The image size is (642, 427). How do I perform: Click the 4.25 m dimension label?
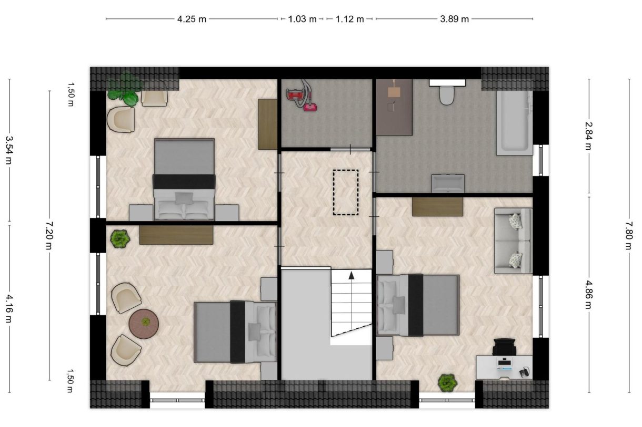click(192, 19)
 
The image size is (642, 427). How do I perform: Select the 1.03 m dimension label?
click(302, 19)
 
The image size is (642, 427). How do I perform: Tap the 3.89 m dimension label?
click(454, 19)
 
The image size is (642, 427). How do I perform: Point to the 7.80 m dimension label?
click(628, 235)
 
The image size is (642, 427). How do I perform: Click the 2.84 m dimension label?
click(588, 136)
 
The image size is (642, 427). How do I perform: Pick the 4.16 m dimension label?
click(9, 309)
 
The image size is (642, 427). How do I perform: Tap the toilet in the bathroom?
click(447, 92)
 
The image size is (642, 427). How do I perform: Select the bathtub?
click(514, 123)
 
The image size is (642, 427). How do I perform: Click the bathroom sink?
click(448, 183)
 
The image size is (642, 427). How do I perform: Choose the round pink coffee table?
click(144, 324)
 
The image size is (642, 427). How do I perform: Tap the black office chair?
click(505, 347)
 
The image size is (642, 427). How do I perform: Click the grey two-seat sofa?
click(513, 241)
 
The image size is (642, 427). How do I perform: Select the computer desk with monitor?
click(504, 367)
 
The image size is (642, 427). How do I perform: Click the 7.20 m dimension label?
click(49, 235)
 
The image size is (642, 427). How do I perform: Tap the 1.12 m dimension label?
click(349, 19)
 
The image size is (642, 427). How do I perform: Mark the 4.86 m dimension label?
click(588, 295)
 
